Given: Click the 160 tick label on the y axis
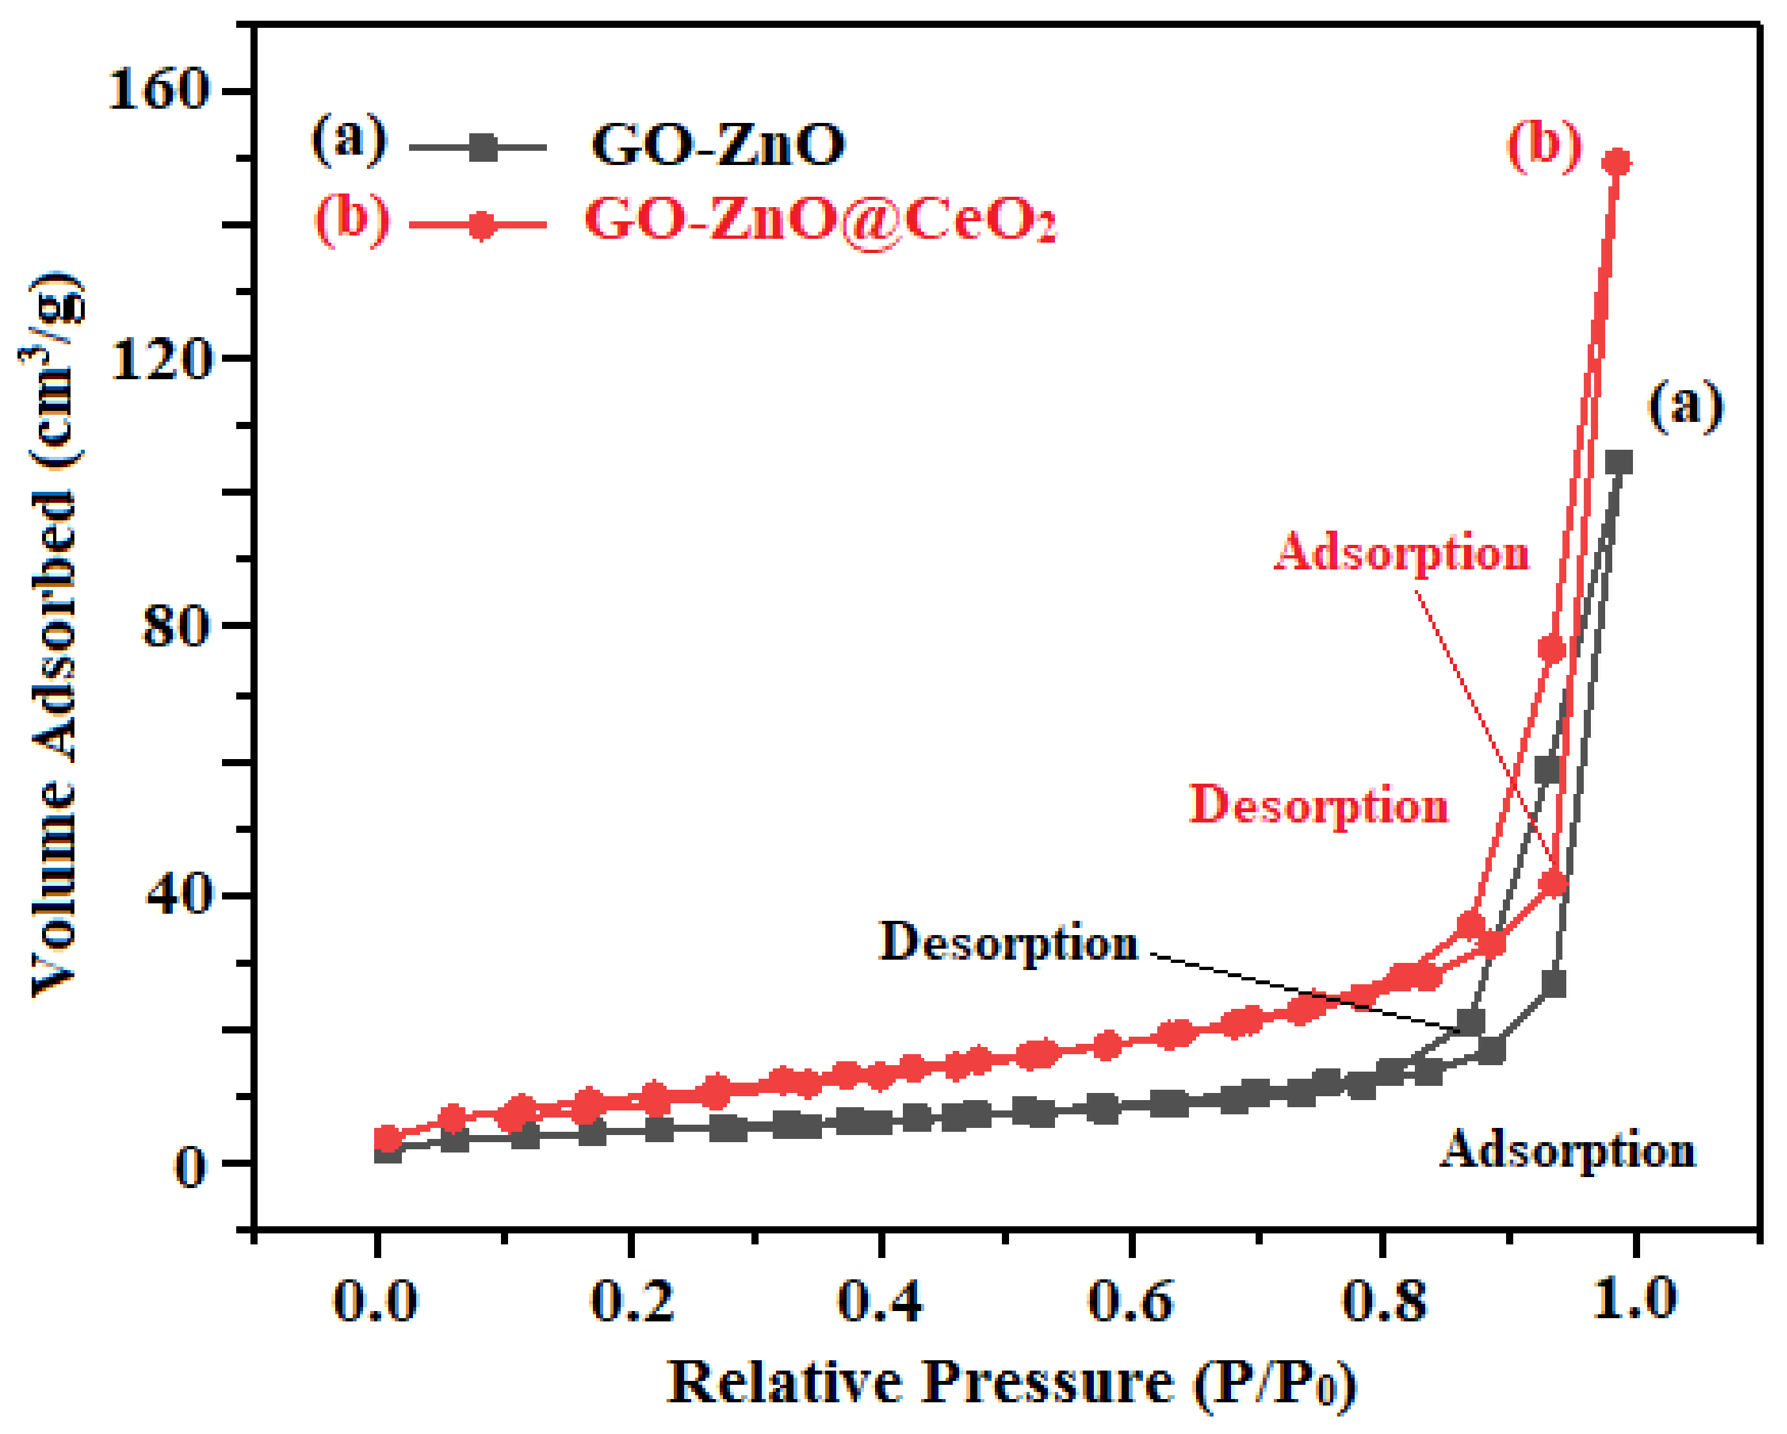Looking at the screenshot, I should point(157,89).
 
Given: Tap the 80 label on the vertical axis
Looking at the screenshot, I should point(174,628).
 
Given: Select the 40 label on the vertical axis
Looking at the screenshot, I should point(175,895).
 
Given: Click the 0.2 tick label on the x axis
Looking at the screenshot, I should point(632,1299).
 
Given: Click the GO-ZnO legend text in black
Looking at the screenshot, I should point(718,144).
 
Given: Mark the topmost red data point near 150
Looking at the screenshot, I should point(1616,162).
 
